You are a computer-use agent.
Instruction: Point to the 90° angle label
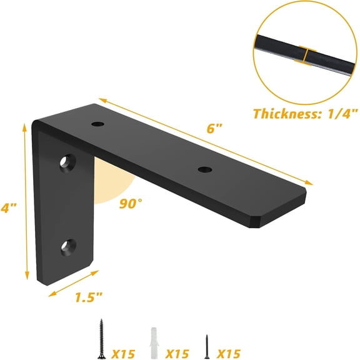pyautogui.click(x=131, y=204)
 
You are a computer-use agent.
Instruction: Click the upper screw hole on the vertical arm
pyautogui.click(x=66, y=164)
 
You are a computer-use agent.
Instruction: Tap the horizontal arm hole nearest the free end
pyautogui.click(x=203, y=169)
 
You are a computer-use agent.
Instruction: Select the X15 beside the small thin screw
pyautogui.click(x=229, y=353)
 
